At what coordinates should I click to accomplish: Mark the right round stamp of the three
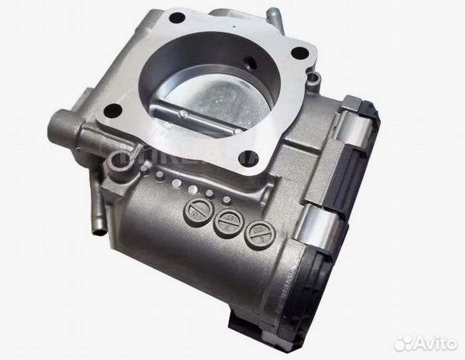[258, 234]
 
